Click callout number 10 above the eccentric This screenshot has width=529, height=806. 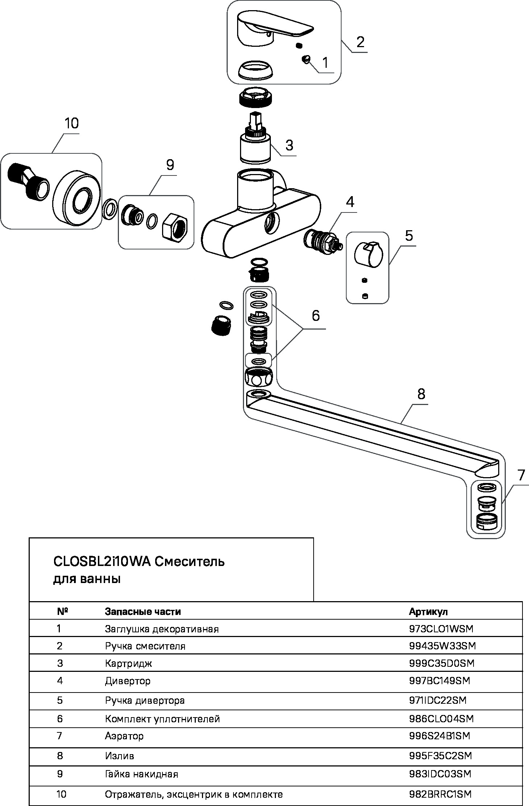coord(72,124)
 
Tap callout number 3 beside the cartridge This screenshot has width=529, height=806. coord(289,145)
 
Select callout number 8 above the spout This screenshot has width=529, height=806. coord(421,394)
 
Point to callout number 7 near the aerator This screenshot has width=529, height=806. coord(521,475)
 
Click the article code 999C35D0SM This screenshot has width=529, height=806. coord(442,664)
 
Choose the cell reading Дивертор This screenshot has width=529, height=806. coord(128,681)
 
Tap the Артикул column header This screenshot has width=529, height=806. coord(428,612)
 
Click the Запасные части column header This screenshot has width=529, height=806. coord(143,612)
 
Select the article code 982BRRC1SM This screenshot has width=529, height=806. coord(440,794)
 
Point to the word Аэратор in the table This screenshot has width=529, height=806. coord(124,736)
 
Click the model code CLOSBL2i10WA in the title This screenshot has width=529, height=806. coord(102,562)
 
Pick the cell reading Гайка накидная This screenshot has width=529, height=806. coord(142,774)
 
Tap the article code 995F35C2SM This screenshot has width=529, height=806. coord(441,756)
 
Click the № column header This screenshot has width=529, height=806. coord(63,612)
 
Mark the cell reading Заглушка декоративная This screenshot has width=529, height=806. coord(162,629)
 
